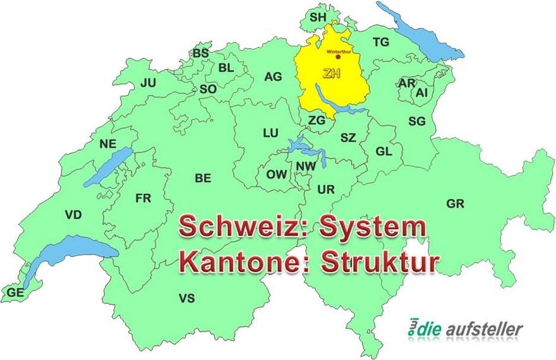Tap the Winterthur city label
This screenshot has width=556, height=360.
(339, 51)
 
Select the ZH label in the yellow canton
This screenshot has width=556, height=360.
(331, 73)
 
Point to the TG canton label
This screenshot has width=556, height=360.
(381, 42)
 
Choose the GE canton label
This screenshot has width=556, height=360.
(15, 292)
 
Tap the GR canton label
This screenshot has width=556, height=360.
(455, 204)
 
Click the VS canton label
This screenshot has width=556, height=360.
(187, 298)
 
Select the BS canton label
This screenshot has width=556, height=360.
(201, 54)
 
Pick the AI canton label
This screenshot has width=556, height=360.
(422, 92)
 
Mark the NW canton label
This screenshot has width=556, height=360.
(306, 167)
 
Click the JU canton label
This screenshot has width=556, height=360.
(148, 83)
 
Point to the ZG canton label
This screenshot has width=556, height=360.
(317, 119)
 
